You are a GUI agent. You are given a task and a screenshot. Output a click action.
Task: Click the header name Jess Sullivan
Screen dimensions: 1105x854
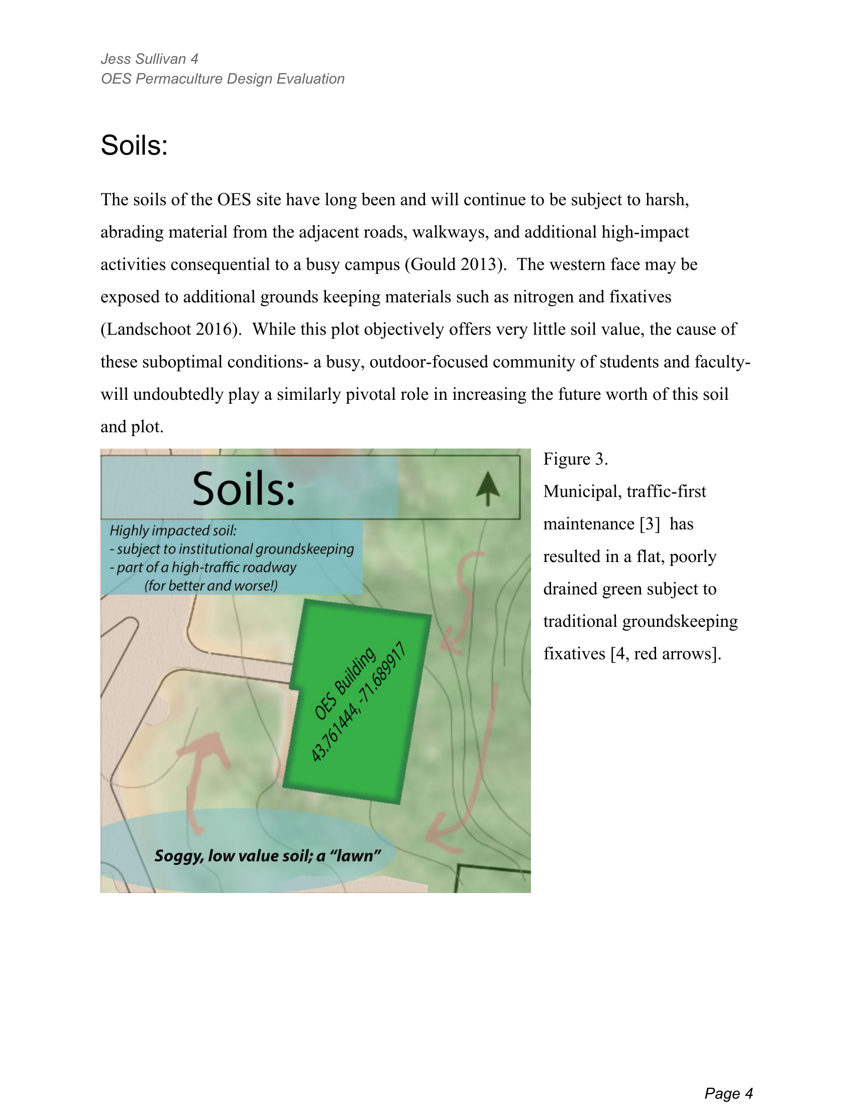143,59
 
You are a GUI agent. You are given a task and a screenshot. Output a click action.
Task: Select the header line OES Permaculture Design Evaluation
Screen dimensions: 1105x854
223,79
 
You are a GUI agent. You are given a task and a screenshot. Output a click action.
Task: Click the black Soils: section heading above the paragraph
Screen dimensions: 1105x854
134,146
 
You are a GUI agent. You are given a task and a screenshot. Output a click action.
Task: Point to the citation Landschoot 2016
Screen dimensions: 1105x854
169,329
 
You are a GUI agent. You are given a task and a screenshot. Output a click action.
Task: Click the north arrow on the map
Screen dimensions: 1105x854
488,488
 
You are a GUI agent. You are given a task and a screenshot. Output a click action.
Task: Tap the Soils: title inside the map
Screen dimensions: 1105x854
243,489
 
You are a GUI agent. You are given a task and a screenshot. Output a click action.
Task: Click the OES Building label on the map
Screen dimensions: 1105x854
345,683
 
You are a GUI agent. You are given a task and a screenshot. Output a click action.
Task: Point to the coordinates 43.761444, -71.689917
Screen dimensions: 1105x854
358,702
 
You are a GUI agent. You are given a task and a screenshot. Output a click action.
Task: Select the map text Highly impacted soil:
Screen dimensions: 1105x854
173,531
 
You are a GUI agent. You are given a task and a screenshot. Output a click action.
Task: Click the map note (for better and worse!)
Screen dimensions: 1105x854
211,586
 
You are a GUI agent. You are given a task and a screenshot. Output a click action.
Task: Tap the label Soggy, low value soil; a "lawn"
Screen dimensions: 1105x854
267,856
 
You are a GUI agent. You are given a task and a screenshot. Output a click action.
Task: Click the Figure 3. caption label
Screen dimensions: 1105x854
575,459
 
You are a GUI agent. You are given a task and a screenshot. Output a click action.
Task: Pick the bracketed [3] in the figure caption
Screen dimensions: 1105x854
649,524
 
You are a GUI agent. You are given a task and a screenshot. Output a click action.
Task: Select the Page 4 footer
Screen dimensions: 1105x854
728,1079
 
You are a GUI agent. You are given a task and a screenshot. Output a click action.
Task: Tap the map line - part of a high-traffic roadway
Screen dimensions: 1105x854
203,568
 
